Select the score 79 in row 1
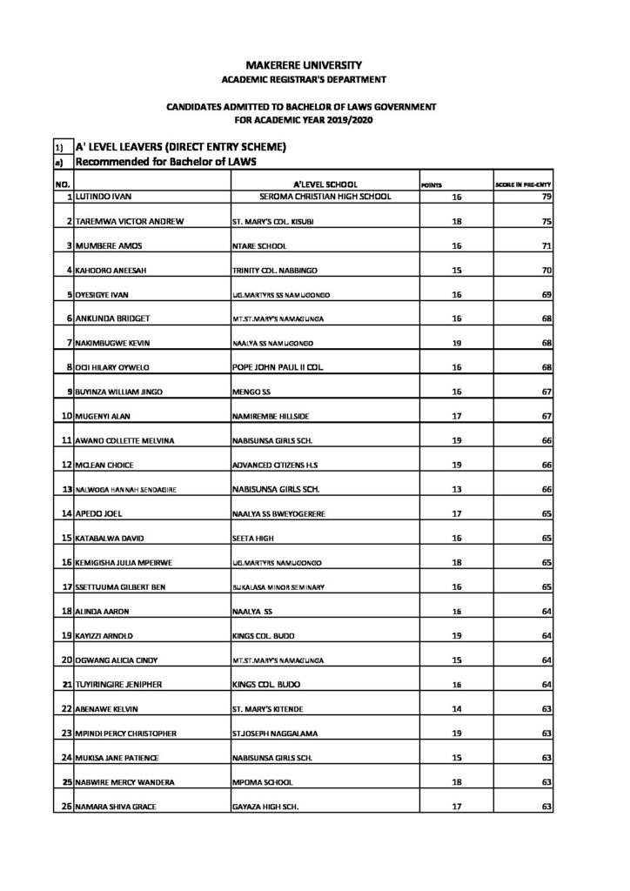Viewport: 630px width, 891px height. (x=546, y=198)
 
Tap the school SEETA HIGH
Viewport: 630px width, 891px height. (x=251, y=539)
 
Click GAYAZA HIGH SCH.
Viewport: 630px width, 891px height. (x=265, y=807)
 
